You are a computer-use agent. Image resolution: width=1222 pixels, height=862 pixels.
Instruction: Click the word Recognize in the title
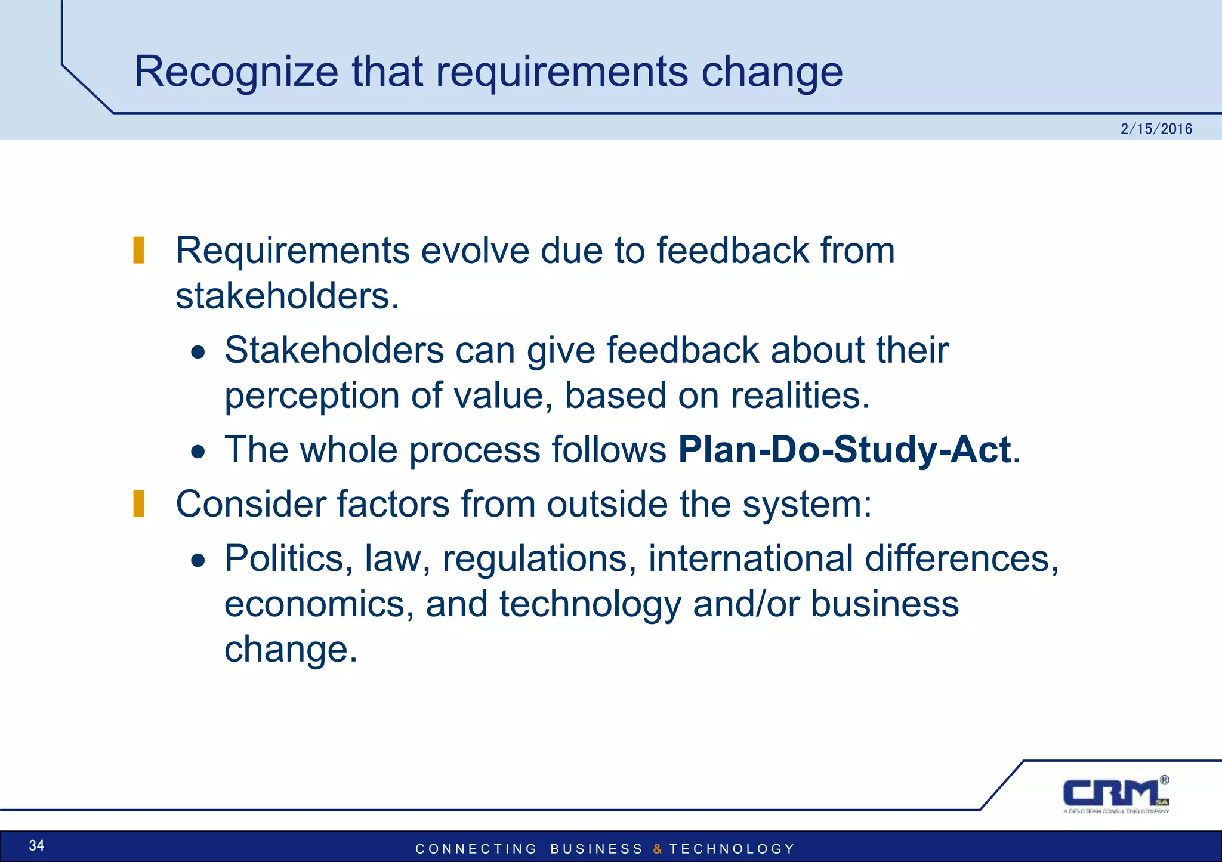point(236,72)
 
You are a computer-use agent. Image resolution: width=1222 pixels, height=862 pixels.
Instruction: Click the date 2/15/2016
point(1156,129)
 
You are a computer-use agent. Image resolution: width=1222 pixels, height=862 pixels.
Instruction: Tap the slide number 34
point(36,845)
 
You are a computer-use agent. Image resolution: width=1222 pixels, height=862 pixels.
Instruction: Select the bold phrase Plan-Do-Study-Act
point(844,449)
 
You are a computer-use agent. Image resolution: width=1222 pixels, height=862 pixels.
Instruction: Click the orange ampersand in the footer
point(657,849)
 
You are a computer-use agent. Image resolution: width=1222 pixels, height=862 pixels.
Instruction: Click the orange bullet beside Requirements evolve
point(138,250)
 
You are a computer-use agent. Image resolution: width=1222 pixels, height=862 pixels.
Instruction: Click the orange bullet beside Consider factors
point(138,503)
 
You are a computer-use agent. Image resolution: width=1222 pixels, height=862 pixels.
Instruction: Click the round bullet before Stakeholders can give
point(198,352)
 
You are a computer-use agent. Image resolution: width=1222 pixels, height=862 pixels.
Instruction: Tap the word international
point(751,559)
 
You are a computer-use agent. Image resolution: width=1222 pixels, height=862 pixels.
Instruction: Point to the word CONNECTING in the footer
point(476,849)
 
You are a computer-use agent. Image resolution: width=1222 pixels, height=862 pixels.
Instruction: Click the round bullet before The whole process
point(198,452)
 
